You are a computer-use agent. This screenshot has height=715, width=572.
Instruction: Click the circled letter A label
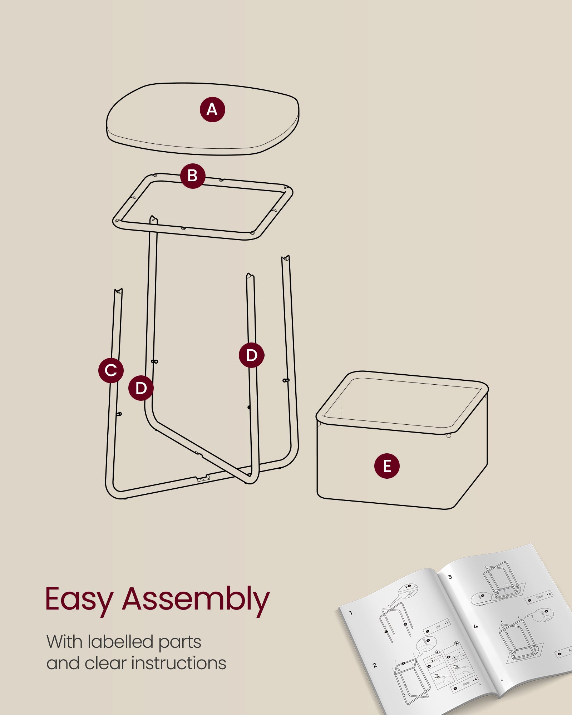[212, 109]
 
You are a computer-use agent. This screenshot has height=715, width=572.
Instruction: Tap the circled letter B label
[193, 176]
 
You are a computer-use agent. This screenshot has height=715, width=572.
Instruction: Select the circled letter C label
[111, 370]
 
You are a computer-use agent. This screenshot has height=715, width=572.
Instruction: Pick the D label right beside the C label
[141, 388]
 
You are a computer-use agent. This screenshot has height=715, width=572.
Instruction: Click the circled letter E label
[387, 466]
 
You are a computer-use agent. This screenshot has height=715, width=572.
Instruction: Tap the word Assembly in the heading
[196, 600]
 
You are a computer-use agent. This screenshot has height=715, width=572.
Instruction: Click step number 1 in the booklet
[351, 613]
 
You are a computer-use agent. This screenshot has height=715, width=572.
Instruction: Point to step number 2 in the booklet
[375, 665]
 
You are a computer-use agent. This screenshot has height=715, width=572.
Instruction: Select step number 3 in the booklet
[450, 577]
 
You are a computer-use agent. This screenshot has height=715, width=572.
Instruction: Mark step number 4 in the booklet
[475, 627]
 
